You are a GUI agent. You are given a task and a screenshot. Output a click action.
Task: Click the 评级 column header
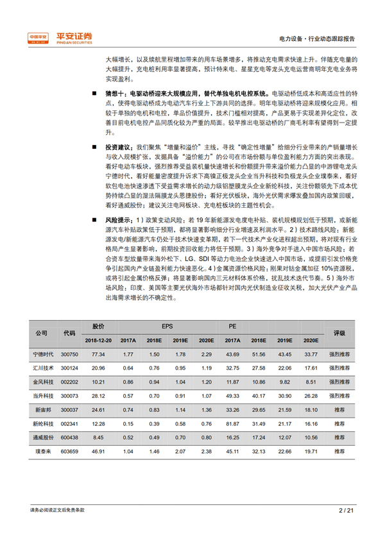point(339,334)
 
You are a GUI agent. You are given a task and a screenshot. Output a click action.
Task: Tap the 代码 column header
point(69,334)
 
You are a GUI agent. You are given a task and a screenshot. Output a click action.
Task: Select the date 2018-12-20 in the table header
point(98,341)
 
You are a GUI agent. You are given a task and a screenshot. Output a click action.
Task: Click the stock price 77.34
point(98,354)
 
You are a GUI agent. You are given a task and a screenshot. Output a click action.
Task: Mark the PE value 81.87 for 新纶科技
point(232,423)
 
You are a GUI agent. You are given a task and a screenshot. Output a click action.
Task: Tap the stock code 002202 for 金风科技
point(69,382)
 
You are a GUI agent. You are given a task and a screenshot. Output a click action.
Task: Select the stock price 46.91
point(98,452)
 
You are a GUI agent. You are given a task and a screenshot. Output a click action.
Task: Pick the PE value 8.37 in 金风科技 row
point(311,382)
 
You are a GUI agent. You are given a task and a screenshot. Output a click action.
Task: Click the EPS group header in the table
point(167,327)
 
